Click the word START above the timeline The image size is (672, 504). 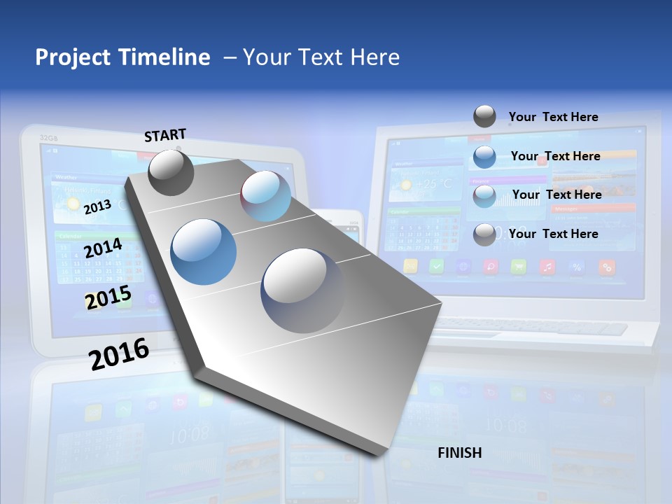pyautogui.click(x=165, y=134)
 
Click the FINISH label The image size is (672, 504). pyautogui.click(x=460, y=453)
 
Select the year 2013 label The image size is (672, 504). pyautogui.click(x=97, y=206)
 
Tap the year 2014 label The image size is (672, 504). pyautogui.click(x=103, y=248)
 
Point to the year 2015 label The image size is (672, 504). pyautogui.click(x=108, y=297)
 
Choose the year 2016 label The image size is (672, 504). pyautogui.click(x=119, y=353)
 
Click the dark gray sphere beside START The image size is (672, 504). pyautogui.click(x=171, y=172)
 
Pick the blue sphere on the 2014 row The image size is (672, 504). pyautogui.click(x=204, y=252)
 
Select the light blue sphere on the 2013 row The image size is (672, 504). pyautogui.click(x=266, y=196)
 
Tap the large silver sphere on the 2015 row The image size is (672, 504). pyautogui.click(x=302, y=290)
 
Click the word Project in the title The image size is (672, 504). pyautogui.click(x=73, y=57)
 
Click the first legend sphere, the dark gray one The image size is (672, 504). pyautogui.click(x=484, y=116)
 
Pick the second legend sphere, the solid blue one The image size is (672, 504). pyautogui.click(x=484, y=157)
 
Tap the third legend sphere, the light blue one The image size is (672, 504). pyautogui.click(x=484, y=196)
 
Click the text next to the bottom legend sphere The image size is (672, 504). pyautogui.click(x=553, y=234)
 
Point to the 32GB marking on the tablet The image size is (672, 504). pyautogui.click(x=48, y=137)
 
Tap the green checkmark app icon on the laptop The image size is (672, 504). pyautogui.click(x=437, y=266)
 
